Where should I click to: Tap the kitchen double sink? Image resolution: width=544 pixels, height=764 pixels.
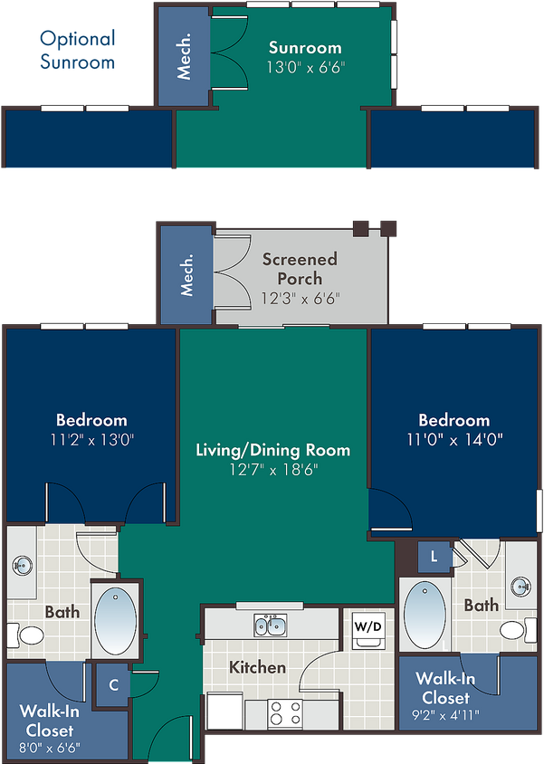point(270,626)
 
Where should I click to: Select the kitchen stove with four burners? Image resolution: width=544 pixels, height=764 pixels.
point(285,713)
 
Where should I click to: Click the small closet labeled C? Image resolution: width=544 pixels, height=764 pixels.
point(113,685)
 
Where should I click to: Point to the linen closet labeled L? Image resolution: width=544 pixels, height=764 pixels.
point(434,556)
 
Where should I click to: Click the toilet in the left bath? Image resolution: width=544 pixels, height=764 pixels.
point(26,635)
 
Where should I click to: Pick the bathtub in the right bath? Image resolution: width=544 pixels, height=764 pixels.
point(425,614)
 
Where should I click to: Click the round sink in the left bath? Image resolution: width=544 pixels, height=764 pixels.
point(23,566)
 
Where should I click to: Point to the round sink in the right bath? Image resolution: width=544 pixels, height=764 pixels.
point(521,587)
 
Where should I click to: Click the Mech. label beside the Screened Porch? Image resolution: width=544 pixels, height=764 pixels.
point(186,274)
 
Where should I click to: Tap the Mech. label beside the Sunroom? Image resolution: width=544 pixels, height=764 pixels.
point(184,56)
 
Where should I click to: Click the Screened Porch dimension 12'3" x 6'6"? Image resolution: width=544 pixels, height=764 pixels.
point(300,298)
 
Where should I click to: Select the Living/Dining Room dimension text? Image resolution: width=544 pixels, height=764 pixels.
point(273,470)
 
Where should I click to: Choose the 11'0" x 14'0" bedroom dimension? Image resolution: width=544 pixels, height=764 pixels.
point(454,440)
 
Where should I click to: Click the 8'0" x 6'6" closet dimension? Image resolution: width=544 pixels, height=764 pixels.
point(49,747)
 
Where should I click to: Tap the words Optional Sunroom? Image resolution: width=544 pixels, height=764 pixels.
point(78,50)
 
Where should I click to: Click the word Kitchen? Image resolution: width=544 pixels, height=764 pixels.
point(257,667)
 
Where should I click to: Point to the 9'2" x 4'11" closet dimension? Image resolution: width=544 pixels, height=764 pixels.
point(445,715)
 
